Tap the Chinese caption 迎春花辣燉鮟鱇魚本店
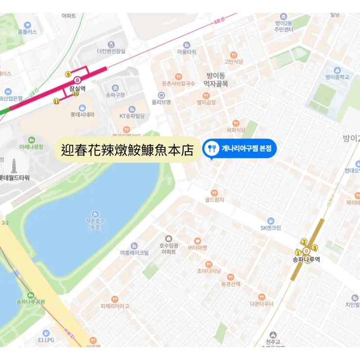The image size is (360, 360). tap(127, 149)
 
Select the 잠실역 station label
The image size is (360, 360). tap(77, 89)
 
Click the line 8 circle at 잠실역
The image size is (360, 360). tap(77, 80)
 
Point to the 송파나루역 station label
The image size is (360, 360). tap(306, 260)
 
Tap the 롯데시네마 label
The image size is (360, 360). tap(82, 114)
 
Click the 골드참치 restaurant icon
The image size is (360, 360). tap(214, 193)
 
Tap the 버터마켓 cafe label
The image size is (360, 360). tap(198, 248)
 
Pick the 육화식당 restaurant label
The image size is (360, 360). tap(235, 130)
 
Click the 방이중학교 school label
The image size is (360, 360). tap(337, 77)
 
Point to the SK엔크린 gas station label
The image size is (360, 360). tap(270, 228)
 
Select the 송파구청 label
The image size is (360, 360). tap(115, 95)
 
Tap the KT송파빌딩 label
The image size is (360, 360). tap(132, 116)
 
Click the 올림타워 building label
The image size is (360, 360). tap(186, 52)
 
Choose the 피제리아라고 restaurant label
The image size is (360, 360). tap(115, 306)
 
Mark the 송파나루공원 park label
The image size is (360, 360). tap(31, 302)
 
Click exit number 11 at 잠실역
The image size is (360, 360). tap(56, 101)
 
